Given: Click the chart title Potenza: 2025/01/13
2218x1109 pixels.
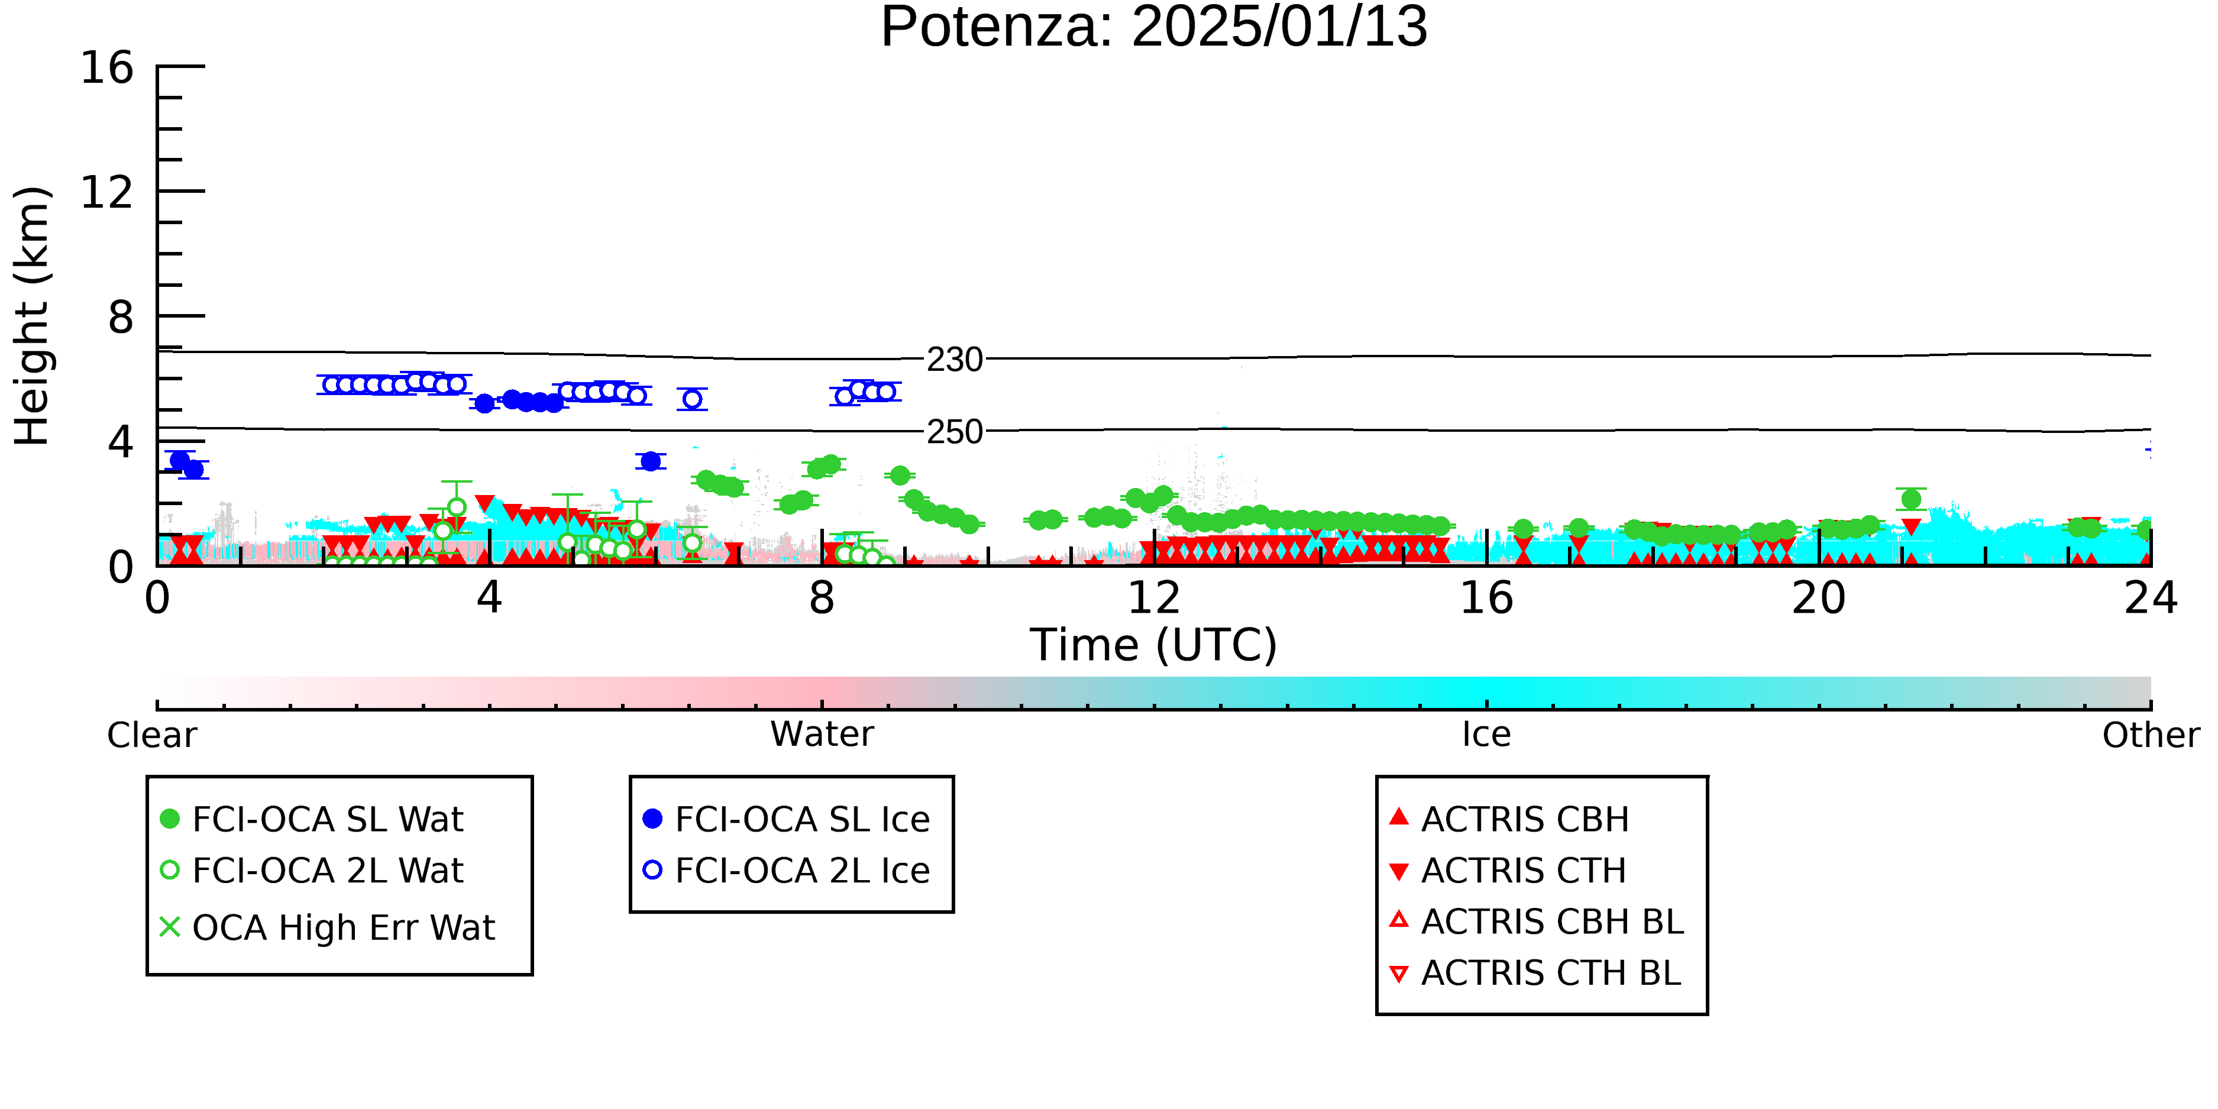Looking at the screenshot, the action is pyautogui.click(x=1154, y=28).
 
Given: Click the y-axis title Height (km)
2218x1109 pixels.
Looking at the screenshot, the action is pyautogui.click(x=32, y=316).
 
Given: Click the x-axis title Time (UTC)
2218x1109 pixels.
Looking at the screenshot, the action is pyautogui.click(x=1154, y=645).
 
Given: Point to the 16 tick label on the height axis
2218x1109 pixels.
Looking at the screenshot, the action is pyautogui.click(x=107, y=67).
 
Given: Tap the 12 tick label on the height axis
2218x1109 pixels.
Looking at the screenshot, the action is pyautogui.click(x=107, y=192).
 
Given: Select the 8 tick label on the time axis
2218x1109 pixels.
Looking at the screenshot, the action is pyautogui.click(x=822, y=599).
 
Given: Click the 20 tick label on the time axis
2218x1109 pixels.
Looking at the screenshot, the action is pyautogui.click(x=1819, y=599).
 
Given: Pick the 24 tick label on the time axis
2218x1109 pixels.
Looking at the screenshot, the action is pyautogui.click(x=2151, y=599).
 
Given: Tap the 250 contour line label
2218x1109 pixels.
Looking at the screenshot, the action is pyautogui.click(x=954, y=431).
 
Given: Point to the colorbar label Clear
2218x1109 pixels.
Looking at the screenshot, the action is pyautogui.click(x=151, y=735).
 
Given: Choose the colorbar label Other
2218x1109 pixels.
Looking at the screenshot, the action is pyautogui.click(x=2151, y=735).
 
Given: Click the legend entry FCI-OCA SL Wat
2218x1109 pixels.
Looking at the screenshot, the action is pyautogui.click(x=312, y=819).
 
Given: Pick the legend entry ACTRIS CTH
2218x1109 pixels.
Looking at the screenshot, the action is pyautogui.click(x=1508, y=871).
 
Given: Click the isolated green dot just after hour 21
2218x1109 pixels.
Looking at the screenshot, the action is pyautogui.click(x=1910, y=499).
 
